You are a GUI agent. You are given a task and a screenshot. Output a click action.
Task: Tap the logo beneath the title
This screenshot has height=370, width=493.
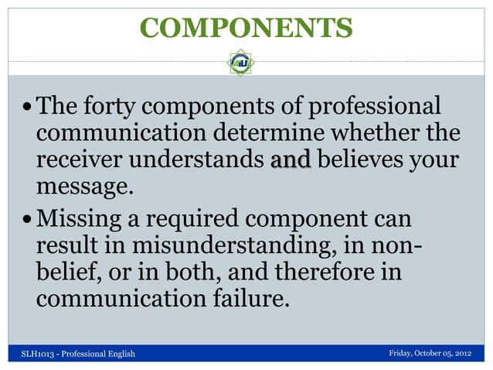[240, 63]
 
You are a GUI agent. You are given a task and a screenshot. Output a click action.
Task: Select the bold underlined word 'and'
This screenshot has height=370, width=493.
[291, 160]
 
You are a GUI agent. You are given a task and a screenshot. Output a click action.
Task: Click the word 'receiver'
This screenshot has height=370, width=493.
[77, 160]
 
